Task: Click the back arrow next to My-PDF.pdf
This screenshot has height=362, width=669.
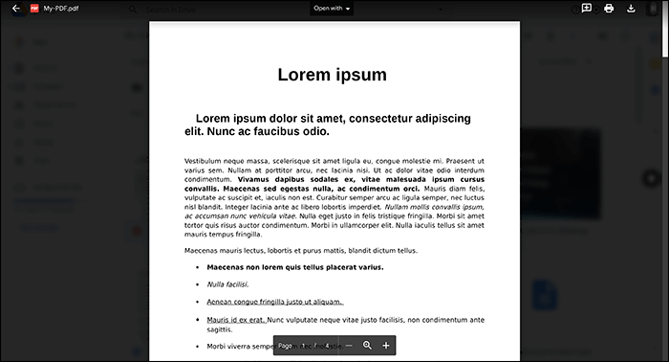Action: (15, 9)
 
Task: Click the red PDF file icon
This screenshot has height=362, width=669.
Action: (34, 9)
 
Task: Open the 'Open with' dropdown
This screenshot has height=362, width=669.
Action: (333, 9)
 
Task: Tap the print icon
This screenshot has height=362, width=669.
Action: (609, 9)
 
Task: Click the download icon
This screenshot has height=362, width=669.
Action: (631, 9)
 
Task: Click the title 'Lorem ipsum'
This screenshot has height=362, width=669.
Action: (332, 75)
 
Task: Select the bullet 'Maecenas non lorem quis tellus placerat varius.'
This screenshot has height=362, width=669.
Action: (294, 267)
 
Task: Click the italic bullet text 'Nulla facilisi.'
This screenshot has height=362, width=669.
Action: (227, 284)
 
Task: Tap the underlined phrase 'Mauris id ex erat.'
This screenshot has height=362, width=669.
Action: (236, 319)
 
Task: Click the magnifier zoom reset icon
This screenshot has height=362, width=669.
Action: (367, 345)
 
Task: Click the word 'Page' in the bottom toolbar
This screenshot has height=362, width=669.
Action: (285, 345)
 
